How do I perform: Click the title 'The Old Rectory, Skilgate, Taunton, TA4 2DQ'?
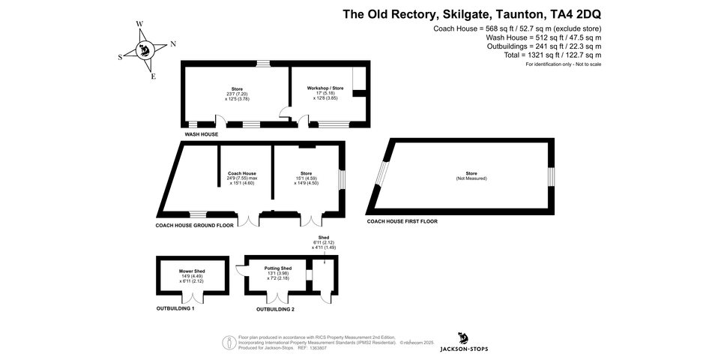471,13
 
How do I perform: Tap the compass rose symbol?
145,50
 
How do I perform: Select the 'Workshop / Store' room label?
325,88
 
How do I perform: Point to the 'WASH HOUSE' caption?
202,134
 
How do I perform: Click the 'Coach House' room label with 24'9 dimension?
242,173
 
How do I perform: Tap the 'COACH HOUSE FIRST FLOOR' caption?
402,221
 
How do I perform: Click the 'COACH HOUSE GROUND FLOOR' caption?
195,225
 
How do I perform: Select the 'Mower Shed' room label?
192,271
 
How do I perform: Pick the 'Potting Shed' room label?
278,268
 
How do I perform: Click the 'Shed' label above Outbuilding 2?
324,238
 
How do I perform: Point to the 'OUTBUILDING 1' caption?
175,308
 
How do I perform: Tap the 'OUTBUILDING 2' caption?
275,309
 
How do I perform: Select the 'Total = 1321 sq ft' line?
553,55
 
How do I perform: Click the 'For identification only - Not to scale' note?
563,64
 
